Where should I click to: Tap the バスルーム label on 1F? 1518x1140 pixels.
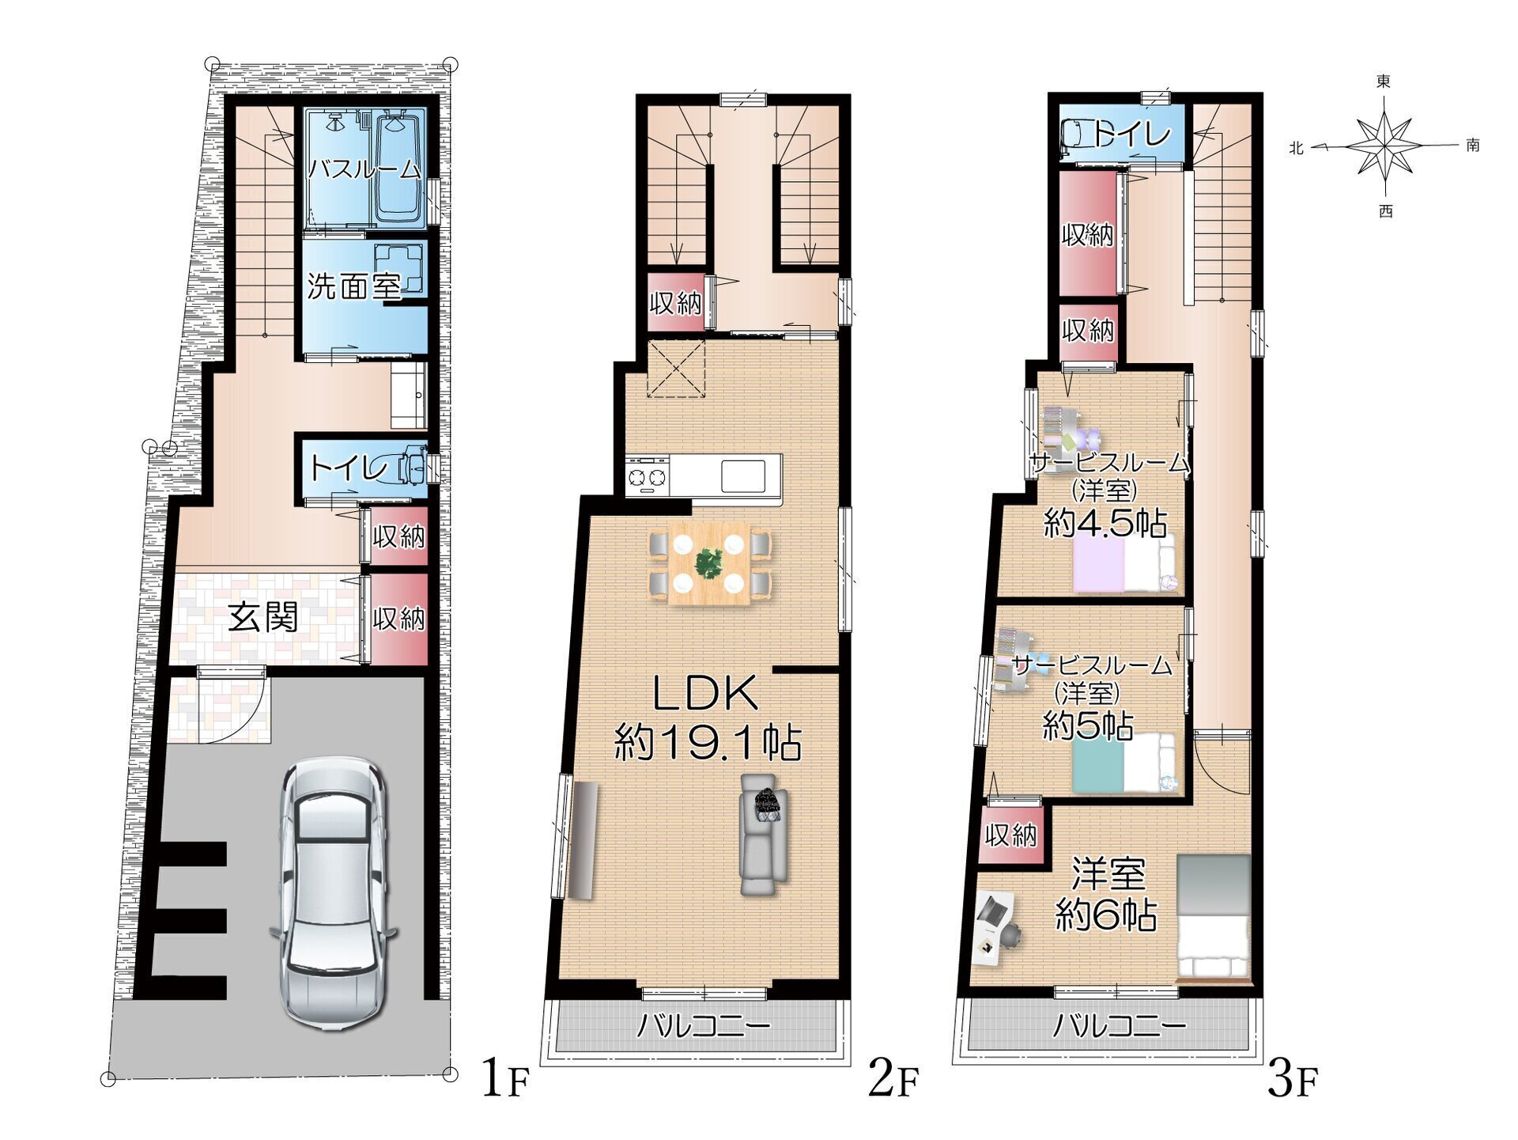(364, 169)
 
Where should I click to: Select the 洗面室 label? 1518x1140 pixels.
(354, 286)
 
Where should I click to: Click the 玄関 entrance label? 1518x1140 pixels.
(263, 617)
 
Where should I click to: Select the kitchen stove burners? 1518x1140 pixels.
(648, 477)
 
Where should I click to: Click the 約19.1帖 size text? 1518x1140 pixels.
(708, 743)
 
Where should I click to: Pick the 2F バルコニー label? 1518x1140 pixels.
(704, 1027)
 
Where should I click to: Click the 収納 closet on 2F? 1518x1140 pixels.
(675, 302)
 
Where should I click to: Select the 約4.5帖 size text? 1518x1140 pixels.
(1105, 523)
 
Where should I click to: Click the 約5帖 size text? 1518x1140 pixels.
(1088, 725)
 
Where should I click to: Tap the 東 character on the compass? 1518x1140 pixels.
(1384, 81)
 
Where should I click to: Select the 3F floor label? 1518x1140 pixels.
(1293, 1080)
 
